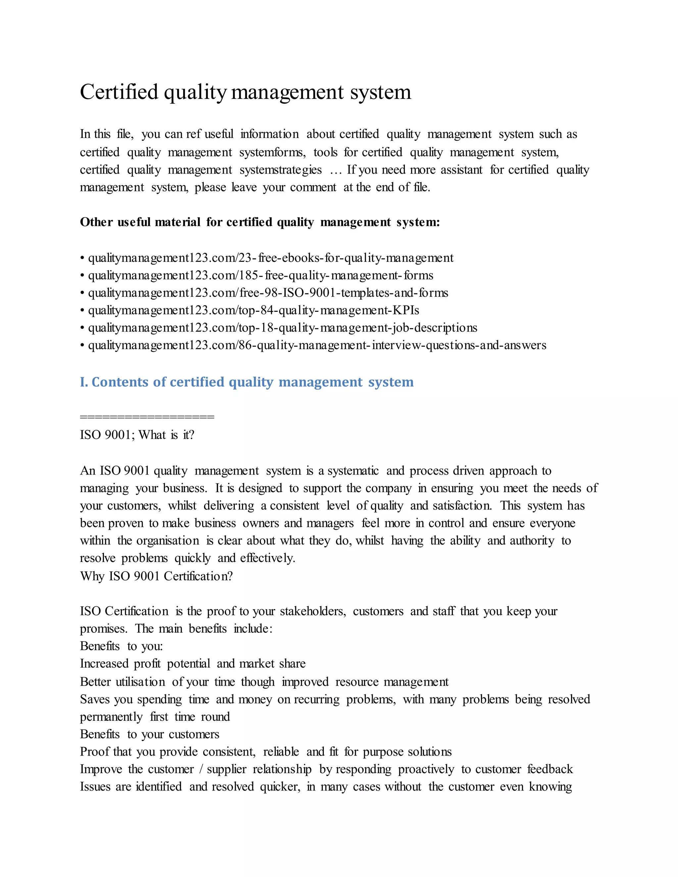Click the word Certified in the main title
119,92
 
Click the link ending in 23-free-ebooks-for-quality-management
270,258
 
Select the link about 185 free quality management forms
260,275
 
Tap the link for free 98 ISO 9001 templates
268,293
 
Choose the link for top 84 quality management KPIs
254,310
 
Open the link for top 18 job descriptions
282,328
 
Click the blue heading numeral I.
83,382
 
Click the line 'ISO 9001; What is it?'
137,435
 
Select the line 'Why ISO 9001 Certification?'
156,576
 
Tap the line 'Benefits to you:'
121,646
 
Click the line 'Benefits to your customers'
149,734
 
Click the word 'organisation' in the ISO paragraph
168,541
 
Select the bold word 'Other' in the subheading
96,222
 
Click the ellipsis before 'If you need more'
335,170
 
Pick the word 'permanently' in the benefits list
111,717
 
